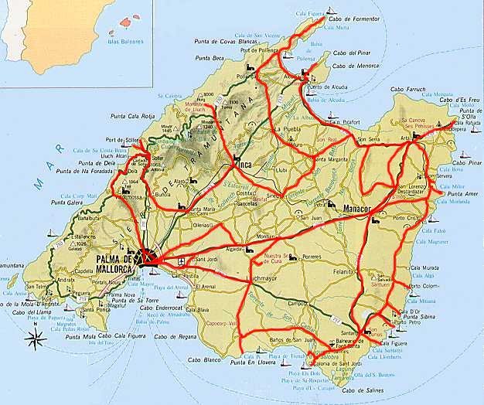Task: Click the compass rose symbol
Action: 34,335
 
